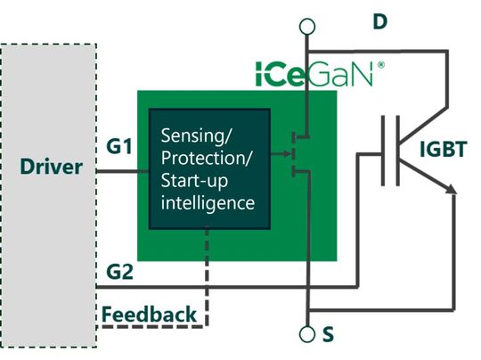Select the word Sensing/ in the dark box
tap(195, 136)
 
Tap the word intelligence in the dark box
tap(208, 203)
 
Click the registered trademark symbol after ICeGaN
tap(381, 64)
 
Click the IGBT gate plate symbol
tap(385, 151)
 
